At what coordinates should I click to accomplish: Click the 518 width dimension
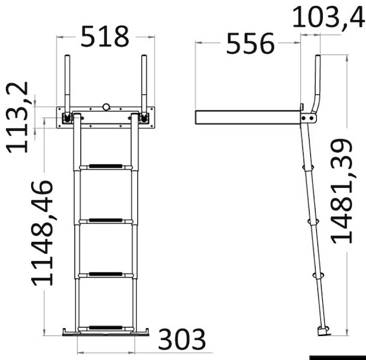[104, 37]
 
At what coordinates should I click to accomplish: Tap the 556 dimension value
[250, 44]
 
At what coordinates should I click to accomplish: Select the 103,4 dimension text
[329, 17]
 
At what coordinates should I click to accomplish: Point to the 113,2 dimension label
[17, 118]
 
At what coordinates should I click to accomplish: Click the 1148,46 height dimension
[43, 233]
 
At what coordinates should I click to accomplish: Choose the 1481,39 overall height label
[341, 191]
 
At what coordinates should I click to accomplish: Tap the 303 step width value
[182, 339]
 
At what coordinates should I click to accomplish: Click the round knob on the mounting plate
[106, 107]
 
